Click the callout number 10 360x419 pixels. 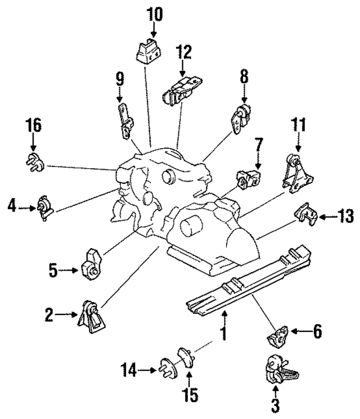pyautogui.click(x=154, y=12)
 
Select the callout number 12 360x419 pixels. pyautogui.click(x=183, y=53)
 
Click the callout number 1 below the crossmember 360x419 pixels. pyautogui.click(x=223, y=334)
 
